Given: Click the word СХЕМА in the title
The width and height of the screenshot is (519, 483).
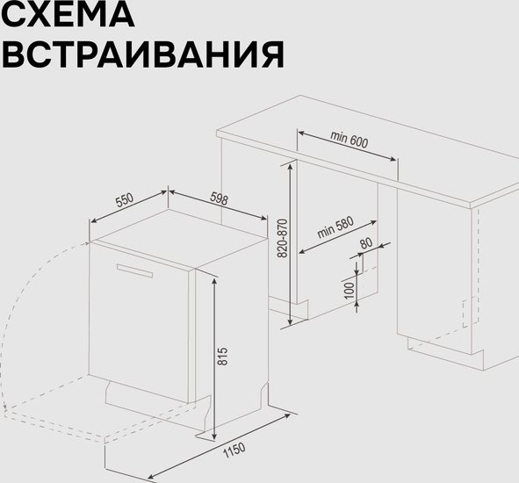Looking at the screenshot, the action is [x=68, y=14].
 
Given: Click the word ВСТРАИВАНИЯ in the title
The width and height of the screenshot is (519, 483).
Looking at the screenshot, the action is [x=143, y=54].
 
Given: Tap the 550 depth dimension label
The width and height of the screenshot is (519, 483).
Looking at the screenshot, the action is [x=125, y=200].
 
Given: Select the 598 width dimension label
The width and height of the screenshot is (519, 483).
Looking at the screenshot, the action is [x=219, y=199].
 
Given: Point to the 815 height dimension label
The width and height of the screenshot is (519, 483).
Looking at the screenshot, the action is [x=223, y=357].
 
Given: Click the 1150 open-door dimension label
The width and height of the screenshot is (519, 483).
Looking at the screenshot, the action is [x=234, y=451].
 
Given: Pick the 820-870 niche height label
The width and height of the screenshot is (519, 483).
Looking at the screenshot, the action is [x=283, y=238].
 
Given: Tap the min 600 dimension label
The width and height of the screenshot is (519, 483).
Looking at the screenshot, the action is [x=349, y=140].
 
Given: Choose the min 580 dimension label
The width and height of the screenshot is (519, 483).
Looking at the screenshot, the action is [x=335, y=227].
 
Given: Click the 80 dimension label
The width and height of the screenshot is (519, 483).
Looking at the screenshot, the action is [x=366, y=243].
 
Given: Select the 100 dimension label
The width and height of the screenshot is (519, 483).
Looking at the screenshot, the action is [x=349, y=291].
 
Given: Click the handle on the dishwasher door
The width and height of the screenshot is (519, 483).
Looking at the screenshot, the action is [x=134, y=270].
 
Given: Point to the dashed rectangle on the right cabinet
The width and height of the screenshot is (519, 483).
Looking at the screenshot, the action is [x=470, y=312].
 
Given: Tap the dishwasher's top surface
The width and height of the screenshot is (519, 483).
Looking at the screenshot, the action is [x=179, y=238].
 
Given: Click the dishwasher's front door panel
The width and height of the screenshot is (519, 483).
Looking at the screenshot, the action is [x=139, y=321].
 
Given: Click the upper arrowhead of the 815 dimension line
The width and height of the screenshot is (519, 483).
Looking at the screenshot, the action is [x=214, y=282].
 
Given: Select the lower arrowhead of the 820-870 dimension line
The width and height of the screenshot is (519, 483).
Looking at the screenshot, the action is [x=291, y=321].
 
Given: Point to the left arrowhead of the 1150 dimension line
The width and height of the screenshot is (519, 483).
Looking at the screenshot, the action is [x=151, y=476].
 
